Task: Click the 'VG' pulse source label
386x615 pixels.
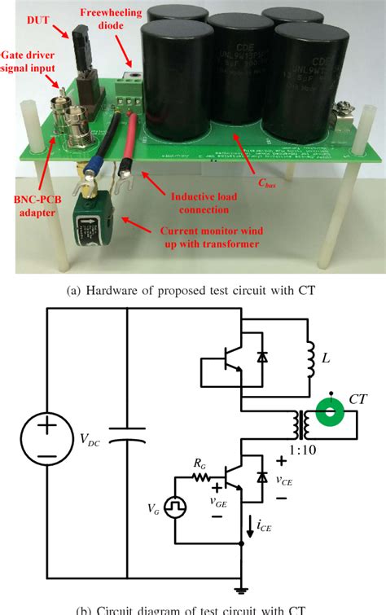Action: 155,510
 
